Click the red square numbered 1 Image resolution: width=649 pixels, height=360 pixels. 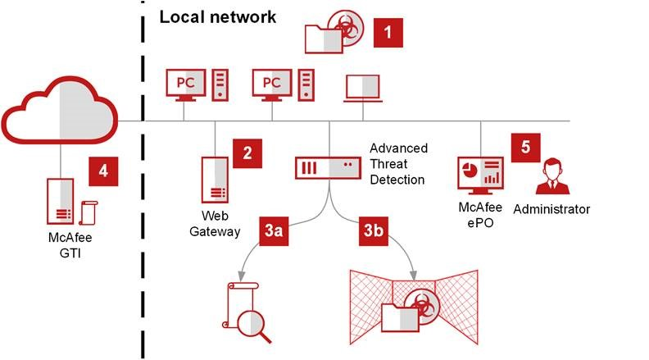pos(388,34)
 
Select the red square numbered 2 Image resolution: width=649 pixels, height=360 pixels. pos(247,153)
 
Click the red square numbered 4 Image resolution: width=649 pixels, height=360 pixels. pos(103,171)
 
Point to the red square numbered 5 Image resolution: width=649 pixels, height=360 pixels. pos(525,148)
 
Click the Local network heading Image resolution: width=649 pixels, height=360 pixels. pos(217,16)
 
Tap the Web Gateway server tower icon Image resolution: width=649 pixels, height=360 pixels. pos(215,178)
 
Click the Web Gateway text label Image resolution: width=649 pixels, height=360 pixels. pos(216,223)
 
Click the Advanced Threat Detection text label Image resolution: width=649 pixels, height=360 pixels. pos(398,163)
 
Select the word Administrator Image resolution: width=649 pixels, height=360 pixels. pos(551,209)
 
